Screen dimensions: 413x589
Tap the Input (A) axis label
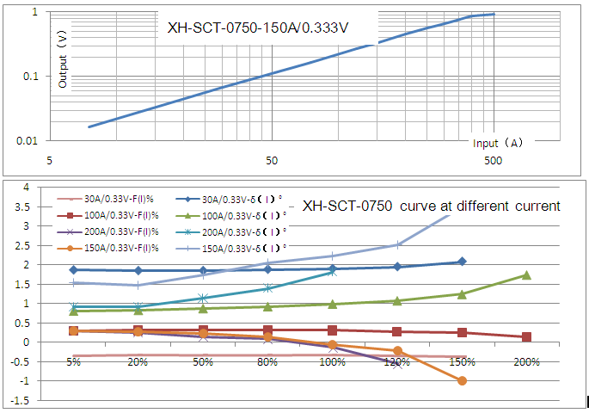coord(497,143)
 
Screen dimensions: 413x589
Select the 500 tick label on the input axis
coord(493,161)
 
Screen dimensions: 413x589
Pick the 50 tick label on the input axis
coord(272,161)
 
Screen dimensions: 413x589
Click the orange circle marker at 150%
coord(462,380)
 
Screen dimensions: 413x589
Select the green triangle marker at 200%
coord(526,275)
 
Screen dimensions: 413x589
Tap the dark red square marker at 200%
coord(526,337)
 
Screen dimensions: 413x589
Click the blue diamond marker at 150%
coord(462,262)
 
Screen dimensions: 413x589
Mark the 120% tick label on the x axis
coord(396,363)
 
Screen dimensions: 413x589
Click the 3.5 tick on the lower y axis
coord(27,206)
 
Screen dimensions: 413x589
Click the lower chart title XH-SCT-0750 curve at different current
coord(431,206)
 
